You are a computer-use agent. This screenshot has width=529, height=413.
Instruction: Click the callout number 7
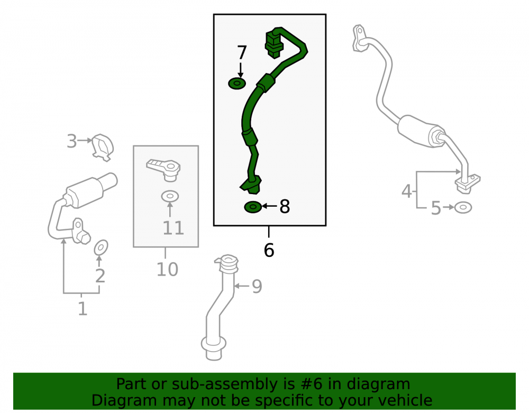(x=242, y=52)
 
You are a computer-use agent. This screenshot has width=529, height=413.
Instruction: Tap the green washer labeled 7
(x=237, y=83)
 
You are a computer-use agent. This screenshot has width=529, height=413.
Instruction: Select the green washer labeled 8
(x=253, y=207)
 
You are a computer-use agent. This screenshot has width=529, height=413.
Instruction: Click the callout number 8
(x=285, y=206)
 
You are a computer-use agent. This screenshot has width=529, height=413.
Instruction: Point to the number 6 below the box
(x=269, y=250)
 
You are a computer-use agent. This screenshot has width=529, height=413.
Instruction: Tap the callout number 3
(x=71, y=141)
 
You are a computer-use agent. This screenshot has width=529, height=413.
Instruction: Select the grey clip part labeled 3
(x=103, y=148)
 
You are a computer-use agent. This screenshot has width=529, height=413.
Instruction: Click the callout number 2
(x=100, y=276)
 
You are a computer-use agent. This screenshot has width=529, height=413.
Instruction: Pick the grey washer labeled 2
(x=101, y=247)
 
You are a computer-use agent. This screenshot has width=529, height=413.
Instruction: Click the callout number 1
(x=83, y=308)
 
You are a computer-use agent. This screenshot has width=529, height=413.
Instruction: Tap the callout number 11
(x=173, y=228)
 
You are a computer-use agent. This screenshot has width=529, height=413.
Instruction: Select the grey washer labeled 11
(x=170, y=196)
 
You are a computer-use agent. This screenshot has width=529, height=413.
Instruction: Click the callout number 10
(x=167, y=269)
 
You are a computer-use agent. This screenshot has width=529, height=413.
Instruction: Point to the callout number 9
(x=257, y=286)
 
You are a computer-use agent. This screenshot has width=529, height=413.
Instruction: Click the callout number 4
(x=406, y=191)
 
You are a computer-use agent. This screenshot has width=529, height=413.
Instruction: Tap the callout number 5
(x=436, y=208)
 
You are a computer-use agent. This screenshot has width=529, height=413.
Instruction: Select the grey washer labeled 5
(x=463, y=207)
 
